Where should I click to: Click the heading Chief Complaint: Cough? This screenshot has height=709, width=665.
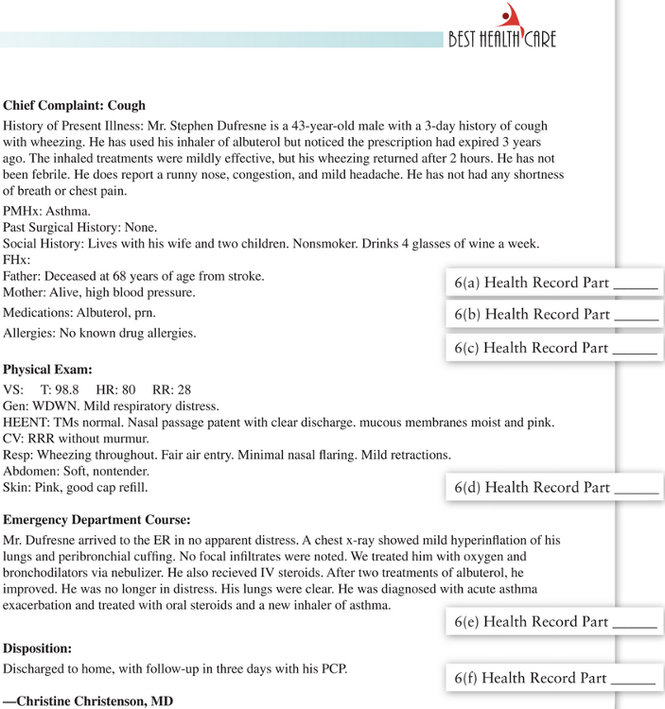(74, 105)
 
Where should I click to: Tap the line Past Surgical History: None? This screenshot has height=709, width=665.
(79, 227)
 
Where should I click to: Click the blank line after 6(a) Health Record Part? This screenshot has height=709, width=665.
(636, 284)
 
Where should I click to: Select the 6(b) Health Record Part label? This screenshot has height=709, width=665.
(532, 314)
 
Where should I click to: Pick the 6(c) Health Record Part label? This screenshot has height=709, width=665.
(532, 348)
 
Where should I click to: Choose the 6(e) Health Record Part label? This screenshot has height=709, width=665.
(532, 621)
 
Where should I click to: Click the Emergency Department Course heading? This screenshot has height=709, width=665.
(96, 519)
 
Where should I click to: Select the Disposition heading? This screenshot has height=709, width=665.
(38, 648)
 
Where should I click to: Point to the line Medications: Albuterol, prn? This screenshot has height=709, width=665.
(79, 312)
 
